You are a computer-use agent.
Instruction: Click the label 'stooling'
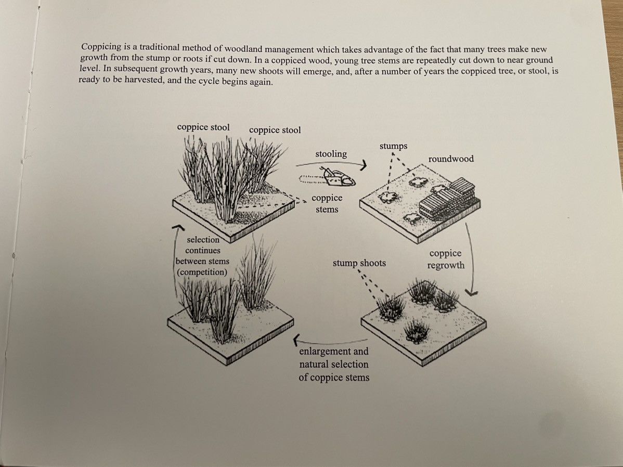[x=331, y=154]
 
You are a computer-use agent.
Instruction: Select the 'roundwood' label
[x=451, y=159]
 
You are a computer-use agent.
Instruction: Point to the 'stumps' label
[x=393, y=146]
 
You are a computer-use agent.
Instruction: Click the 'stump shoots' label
[x=359, y=263]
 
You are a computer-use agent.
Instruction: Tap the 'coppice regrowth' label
[x=446, y=259]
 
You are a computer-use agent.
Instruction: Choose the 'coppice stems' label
[x=327, y=203]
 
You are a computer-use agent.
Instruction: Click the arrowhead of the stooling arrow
[x=363, y=165]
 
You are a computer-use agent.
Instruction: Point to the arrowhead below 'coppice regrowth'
[x=472, y=294]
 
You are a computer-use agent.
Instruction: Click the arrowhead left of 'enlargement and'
[x=296, y=340]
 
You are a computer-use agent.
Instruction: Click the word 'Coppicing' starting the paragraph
[x=101, y=46]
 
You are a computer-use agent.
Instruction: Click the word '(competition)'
[x=202, y=273]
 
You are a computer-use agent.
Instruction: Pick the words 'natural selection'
[x=334, y=365]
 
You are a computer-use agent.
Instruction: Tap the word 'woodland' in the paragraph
[x=243, y=49]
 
